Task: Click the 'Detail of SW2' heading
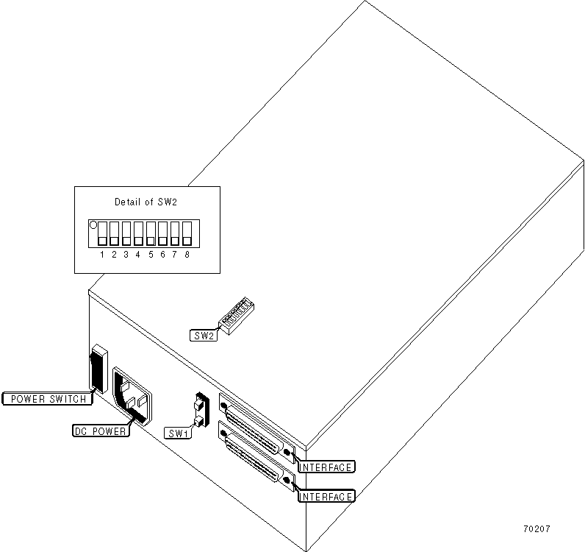[x=146, y=202]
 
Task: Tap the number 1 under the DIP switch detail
[x=102, y=254]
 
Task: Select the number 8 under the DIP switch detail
[x=187, y=254]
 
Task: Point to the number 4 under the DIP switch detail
[x=138, y=254]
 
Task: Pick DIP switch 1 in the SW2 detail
[x=102, y=233]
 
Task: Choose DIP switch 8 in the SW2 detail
[x=187, y=233]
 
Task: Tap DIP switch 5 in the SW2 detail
[x=151, y=233]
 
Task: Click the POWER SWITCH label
[x=48, y=399]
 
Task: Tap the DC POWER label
[x=101, y=431]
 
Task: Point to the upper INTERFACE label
[x=326, y=467]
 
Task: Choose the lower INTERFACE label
[x=326, y=496]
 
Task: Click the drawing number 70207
[x=537, y=529]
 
